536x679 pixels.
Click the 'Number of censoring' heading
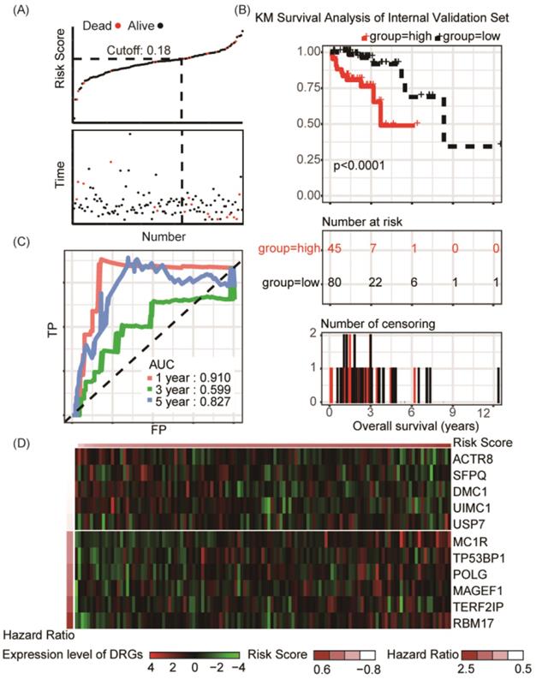(x=369, y=325)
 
